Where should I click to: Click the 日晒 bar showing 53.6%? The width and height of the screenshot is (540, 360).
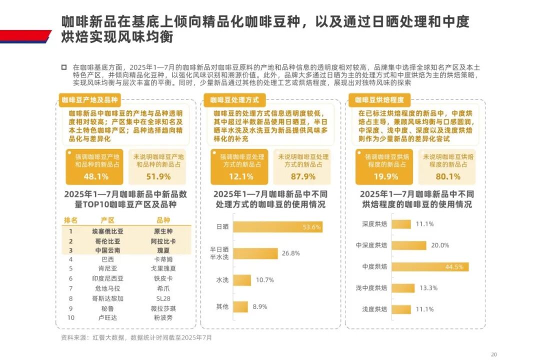click(277, 226)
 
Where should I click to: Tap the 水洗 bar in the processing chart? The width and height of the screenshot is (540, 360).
click(241, 279)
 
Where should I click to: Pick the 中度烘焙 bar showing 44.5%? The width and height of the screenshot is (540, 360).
click(430, 266)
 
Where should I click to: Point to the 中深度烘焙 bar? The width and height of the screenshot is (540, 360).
click(408, 245)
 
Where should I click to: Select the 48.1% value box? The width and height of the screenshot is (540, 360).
click(96, 176)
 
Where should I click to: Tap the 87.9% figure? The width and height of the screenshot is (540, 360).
click(303, 176)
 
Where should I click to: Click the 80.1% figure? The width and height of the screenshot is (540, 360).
click(447, 176)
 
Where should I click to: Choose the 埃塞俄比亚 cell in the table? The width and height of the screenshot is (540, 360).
click(107, 231)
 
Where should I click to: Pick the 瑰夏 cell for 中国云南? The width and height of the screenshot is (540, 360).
click(163, 250)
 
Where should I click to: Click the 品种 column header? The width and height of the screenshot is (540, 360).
click(163, 220)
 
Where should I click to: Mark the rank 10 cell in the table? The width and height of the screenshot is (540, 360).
click(70, 317)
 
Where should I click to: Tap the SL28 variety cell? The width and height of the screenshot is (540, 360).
click(163, 298)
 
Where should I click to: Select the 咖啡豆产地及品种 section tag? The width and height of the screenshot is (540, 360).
click(90, 99)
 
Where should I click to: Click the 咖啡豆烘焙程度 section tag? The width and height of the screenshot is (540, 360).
click(380, 99)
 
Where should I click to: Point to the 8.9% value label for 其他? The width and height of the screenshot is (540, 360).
click(259, 306)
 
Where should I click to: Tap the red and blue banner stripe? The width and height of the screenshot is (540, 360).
click(25, 36)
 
